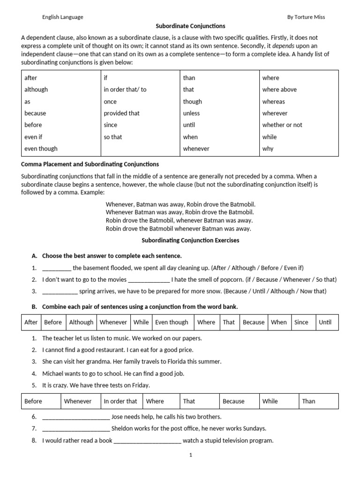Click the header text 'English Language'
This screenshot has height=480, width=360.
[x=62, y=17]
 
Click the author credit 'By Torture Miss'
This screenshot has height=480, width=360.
[x=306, y=17]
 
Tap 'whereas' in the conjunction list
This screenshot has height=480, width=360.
[x=273, y=102]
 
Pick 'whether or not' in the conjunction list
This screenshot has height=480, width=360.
[x=282, y=125]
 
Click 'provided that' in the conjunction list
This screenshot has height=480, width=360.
[x=121, y=113]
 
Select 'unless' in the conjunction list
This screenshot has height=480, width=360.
[x=191, y=113]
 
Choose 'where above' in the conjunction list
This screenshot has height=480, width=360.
[x=279, y=90]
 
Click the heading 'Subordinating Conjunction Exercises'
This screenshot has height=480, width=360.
[x=190, y=240]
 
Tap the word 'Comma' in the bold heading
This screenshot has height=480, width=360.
[x=31, y=165]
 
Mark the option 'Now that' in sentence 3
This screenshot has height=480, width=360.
[x=314, y=291]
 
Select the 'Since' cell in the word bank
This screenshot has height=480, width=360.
[x=301, y=322]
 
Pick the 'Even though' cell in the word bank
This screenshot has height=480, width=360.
[x=172, y=322]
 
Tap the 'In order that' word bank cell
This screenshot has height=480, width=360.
[x=120, y=401]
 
